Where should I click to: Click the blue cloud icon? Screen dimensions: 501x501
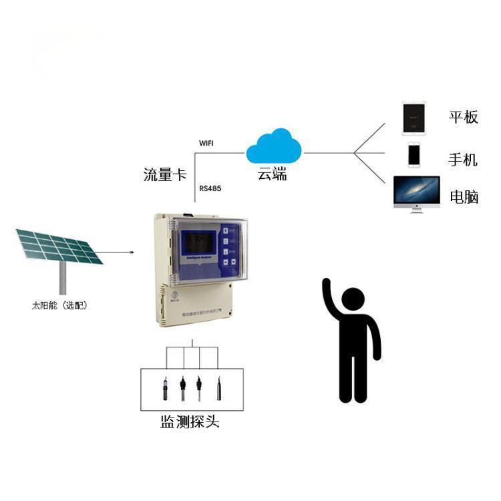(x=274, y=147)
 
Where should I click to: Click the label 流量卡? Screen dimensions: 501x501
(x=164, y=175)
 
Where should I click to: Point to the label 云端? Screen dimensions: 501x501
(x=273, y=175)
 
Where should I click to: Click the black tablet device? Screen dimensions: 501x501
(x=413, y=118)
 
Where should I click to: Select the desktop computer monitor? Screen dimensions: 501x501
(x=416, y=190)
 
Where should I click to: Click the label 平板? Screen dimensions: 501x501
(x=463, y=117)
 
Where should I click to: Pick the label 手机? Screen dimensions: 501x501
(x=463, y=160)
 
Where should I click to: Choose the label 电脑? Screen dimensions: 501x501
(x=464, y=196)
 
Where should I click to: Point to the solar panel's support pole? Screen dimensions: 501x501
(x=63, y=277)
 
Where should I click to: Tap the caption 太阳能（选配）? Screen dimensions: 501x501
(x=59, y=306)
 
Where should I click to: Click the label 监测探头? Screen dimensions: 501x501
(x=190, y=422)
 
